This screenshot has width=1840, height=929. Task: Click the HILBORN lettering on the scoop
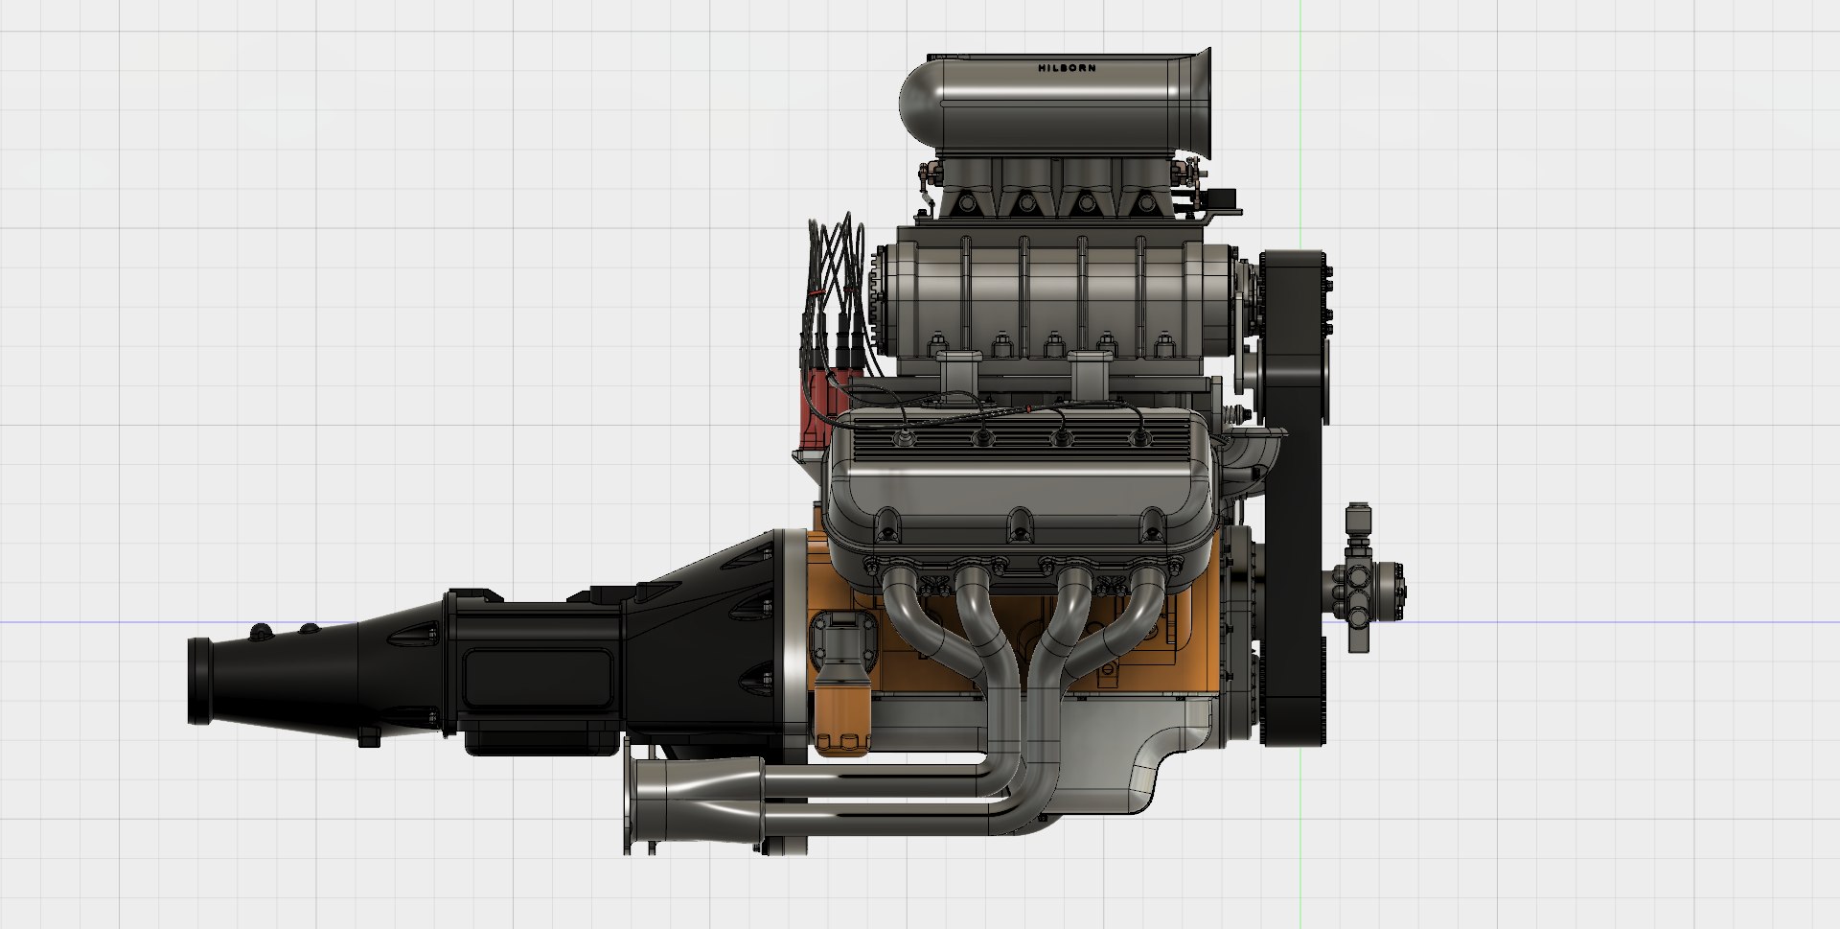1067,68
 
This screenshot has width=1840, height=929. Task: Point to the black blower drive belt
1295,479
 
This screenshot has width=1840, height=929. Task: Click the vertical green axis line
1300,144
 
